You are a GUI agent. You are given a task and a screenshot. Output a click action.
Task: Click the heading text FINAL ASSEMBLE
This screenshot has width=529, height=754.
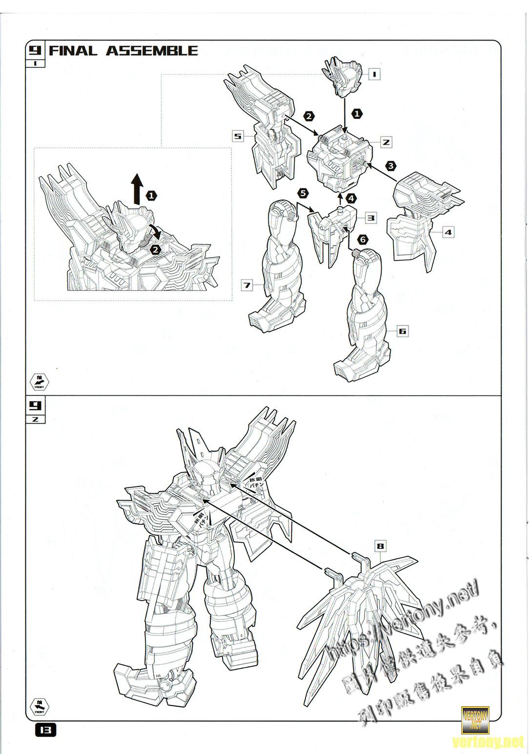pyautogui.click(x=123, y=51)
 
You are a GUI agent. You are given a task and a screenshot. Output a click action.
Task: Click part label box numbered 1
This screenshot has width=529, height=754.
pyautogui.click(x=374, y=74)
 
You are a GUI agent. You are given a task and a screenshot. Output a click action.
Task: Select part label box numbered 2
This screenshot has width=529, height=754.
pyautogui.click(x=386, y=142)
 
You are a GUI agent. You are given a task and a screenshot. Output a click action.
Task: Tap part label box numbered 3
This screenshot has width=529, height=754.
pyautogui.click(x=371, y=218)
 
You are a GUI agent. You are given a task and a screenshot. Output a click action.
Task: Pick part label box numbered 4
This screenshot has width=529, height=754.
pyautogui.click(x=448, y=232)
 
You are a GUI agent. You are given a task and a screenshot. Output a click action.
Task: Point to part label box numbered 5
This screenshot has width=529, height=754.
pyautogui.click(x=238, y=136)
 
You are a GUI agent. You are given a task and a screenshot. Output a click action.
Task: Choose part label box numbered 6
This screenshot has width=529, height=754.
pyautogui.click(x=402, y=331)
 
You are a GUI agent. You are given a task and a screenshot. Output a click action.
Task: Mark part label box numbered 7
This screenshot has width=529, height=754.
pyautogui.click(x=247, y=285)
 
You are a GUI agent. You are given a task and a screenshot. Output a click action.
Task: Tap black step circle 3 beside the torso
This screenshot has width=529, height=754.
pyautogui.click(x=390, y=166)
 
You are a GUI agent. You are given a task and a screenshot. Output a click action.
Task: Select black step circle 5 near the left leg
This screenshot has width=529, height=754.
pyautogui.click(x=303, y=193)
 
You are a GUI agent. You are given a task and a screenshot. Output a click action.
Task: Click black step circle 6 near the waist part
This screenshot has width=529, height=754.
pyautogui.click(x=362, y=239)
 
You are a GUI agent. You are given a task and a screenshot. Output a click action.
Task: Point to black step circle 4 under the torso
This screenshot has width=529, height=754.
pyautogui.click(x=351, y=199)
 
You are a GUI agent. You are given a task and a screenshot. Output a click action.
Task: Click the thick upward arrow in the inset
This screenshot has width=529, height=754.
pyautogui.click(x=137, y=188)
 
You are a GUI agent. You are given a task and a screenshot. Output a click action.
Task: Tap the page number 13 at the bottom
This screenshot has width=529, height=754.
pyautogui.click(x=45, y=730)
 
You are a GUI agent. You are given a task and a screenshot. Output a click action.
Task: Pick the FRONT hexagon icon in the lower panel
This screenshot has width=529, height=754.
pyautogui.click(x=40, y=706)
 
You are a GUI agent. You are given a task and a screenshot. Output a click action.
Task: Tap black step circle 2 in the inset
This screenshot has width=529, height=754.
pyautogui.click(x=156, y=249)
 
